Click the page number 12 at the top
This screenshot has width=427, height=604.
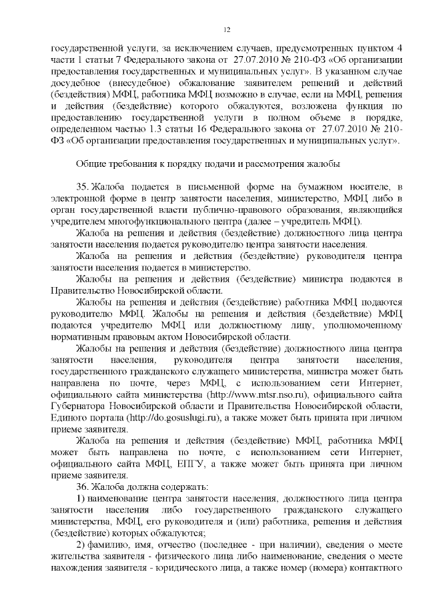tap(227, 28)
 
